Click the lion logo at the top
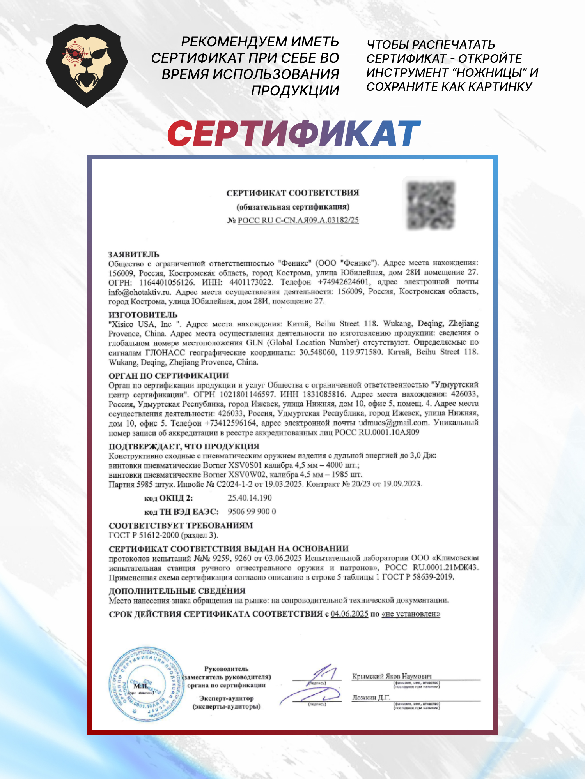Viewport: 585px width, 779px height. (x=87, y=65)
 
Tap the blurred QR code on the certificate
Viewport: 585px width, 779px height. (x=431, y=205)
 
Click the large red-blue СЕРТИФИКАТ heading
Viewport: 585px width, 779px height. (x=294, y=134)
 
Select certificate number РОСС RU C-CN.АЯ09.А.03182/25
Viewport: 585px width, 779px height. (x=298, y=220)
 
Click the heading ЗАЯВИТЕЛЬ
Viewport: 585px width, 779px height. (x=133, y=254)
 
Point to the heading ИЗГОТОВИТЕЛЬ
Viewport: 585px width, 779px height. (x=143, y=315)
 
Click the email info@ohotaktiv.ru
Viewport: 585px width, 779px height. (x=140, y=292)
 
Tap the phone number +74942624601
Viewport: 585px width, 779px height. (x=343, y=282)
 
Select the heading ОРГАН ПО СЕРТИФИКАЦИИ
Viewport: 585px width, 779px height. (x=168, y=376)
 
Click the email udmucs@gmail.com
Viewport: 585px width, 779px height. (x=393, y=423)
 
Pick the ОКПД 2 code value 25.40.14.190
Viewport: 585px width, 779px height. (x=250, y=498)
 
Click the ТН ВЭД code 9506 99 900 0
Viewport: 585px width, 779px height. (x=252, y=511)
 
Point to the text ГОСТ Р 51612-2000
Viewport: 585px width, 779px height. (x=144, y=535)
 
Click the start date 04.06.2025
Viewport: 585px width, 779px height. (x=349, y=614)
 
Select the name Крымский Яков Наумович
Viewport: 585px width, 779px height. (x=392, y=676)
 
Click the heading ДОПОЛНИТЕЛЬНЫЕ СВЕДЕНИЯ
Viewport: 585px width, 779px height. (x=177, y=591)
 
